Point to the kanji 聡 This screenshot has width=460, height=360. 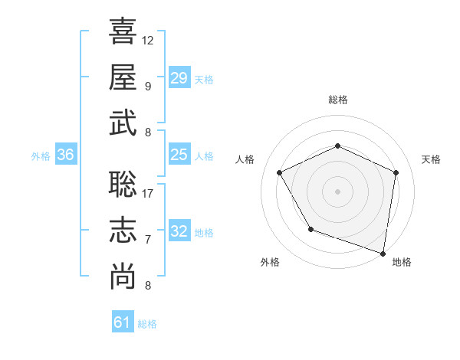[123, 185]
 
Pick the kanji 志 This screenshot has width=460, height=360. [123, 231]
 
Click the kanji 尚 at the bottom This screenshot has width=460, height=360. [123, 277]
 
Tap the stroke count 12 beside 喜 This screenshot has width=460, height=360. [148, 40]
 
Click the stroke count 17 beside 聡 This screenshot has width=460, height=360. [148, 194]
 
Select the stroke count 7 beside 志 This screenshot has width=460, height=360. [148, 240]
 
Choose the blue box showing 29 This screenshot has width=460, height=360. [179, 77]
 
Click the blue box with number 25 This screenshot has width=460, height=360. [179, 155]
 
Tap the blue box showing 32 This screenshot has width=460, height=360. [179, 231]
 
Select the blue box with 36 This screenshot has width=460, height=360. [65, 155]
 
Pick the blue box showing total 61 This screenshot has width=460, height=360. [122, 322]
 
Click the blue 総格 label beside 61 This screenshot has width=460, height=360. [147, 324]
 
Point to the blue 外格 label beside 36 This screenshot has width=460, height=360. [41, 156]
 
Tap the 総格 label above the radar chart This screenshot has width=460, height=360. [338, 100]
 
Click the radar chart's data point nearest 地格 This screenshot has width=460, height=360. [383, 253]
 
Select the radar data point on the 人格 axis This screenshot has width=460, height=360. [280, 172]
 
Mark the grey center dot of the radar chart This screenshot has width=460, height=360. [338, 191]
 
